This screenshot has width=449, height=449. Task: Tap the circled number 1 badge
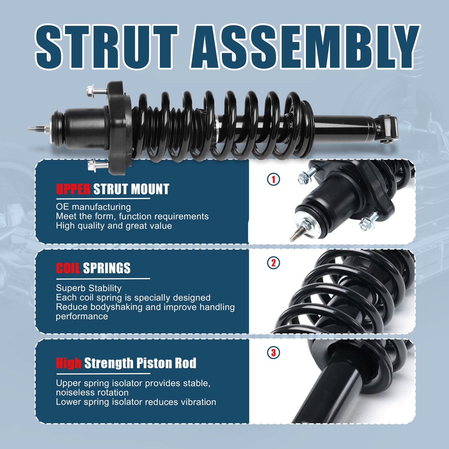point(273,179)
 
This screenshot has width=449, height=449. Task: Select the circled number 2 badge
point(273,263)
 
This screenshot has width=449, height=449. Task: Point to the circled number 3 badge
point(273,353)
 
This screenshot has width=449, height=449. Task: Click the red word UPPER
point(73,189)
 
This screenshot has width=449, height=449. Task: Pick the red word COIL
point(68,268)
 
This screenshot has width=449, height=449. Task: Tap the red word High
point(69,363)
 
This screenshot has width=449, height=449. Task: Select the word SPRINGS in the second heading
point(107,268)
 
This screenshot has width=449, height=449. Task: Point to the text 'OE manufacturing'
point(93,207)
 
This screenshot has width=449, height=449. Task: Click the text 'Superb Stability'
point(89,288)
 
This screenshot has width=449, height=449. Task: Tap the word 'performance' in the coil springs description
point(82,316)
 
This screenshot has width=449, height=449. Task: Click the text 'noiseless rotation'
point(92,392)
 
